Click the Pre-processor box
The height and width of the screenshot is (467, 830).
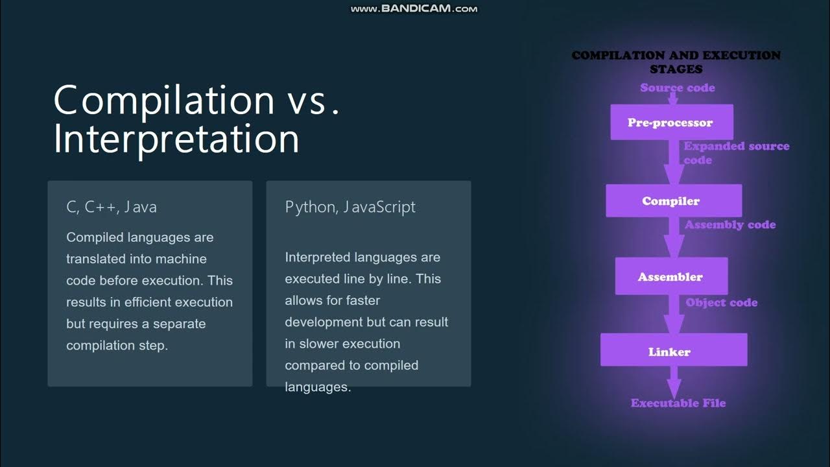671,123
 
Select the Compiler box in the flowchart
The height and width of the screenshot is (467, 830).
673,201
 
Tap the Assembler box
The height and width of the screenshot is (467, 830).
670,277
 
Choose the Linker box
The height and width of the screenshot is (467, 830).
673,352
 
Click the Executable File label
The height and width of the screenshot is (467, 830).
678,403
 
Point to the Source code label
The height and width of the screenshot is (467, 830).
677,88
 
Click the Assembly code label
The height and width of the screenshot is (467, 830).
730,224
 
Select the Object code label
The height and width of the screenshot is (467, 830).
721,302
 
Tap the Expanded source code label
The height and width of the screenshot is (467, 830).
736,153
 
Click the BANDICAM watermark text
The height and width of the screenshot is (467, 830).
414,8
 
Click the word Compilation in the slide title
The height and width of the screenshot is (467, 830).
164,101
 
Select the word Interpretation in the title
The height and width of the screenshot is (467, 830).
176,139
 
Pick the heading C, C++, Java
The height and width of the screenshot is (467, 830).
112,207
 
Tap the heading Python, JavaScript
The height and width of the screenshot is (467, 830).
350,207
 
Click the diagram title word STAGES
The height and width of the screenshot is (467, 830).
676,69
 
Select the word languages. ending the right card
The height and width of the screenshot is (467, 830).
318,387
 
